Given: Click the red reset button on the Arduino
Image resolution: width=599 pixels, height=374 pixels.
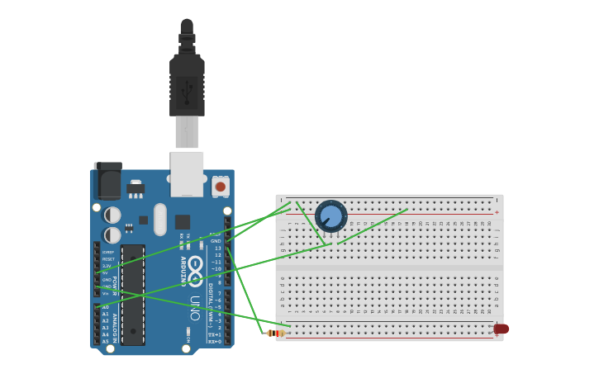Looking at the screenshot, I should [x=220, y=187].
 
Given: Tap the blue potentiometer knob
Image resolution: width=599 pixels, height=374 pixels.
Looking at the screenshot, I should [x=330, y=216].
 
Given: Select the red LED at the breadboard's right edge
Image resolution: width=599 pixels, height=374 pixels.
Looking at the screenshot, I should [x=502, y=329].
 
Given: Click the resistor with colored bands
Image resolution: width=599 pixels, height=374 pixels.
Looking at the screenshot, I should [x=276, y=333].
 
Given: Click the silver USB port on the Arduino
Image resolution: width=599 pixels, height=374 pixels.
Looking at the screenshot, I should [x=187, y=173].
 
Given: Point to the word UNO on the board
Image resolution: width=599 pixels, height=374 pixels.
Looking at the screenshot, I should [x=195, y=307].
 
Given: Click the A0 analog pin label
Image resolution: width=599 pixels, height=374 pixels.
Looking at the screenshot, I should [x=105, y=307].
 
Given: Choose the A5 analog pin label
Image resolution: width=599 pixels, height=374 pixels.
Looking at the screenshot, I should [x=105, y=341].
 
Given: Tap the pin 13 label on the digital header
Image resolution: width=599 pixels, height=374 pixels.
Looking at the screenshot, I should [x=217, y=248].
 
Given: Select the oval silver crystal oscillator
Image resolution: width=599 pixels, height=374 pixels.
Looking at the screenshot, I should [x=160, y=220].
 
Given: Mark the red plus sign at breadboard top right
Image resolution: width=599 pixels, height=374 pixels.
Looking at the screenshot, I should [x=497, y=212].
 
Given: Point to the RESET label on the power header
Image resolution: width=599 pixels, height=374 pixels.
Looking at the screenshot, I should [x=108, y=259].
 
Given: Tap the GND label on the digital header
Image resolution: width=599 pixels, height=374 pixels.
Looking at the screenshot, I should [x=216, y=241].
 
